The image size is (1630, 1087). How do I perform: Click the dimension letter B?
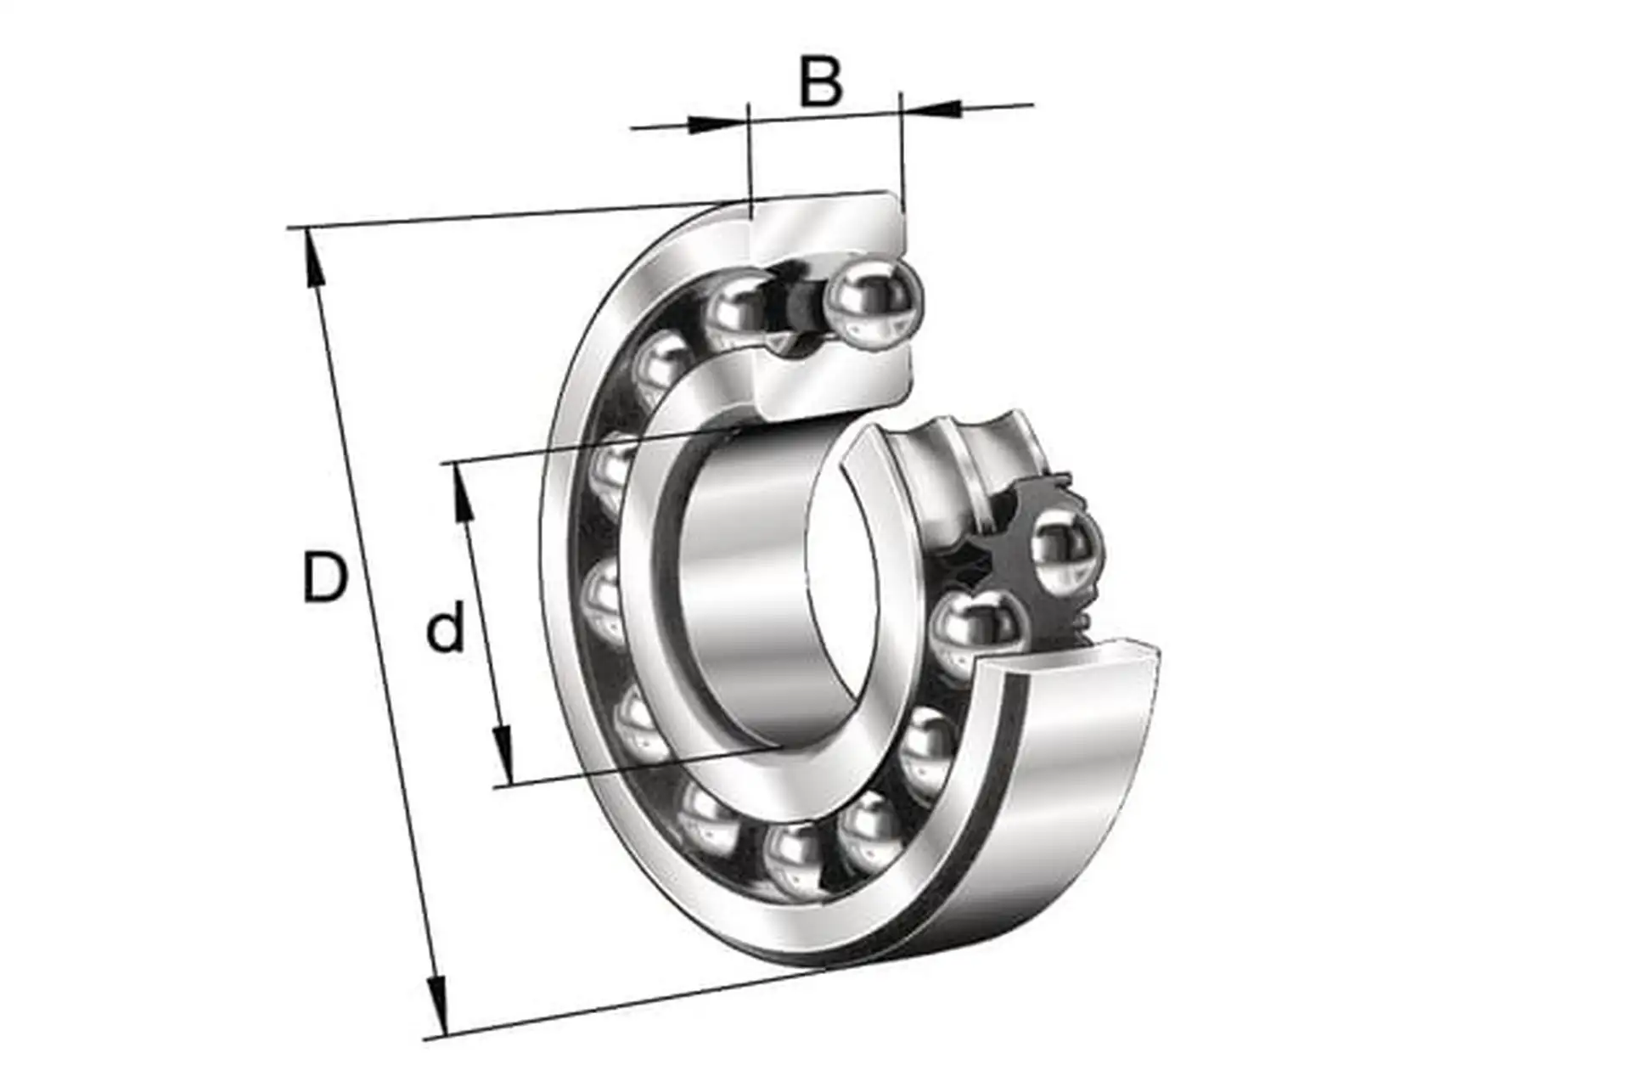[821, 82]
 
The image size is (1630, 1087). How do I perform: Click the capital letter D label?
[325, 577]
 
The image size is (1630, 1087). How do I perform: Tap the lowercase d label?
[446, 626]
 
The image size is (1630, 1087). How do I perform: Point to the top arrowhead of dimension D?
[312, 259]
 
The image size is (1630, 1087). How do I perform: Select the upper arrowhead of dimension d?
[463, 493]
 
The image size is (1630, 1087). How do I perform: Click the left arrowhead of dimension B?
[717, 124]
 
